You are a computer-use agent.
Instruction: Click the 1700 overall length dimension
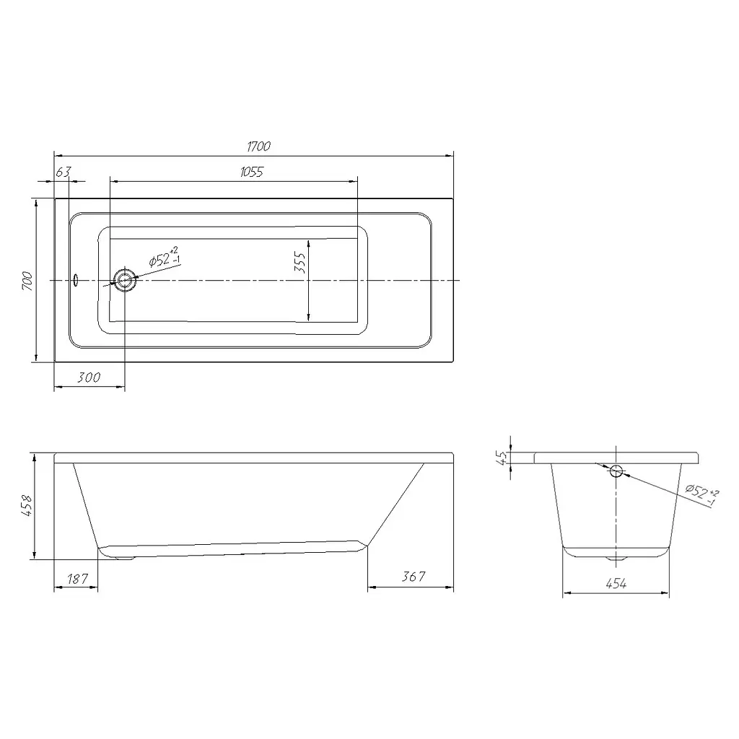click(x=259, y=147)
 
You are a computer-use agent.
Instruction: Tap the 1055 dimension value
click(x=252, y=172)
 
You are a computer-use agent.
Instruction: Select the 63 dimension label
click(x=63, y=172)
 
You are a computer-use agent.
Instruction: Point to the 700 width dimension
click(x=28, y=281)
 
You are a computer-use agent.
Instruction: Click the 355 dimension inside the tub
click(x=299, y=263)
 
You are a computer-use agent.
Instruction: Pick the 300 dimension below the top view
click(x=89, y=377)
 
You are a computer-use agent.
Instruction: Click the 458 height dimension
click(x=27, y=505)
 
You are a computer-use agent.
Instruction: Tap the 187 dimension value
click(x=77, y=578)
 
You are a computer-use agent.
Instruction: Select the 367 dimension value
click(x=414, y=577)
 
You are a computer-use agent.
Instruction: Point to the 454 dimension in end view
click(x=616, y=584)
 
